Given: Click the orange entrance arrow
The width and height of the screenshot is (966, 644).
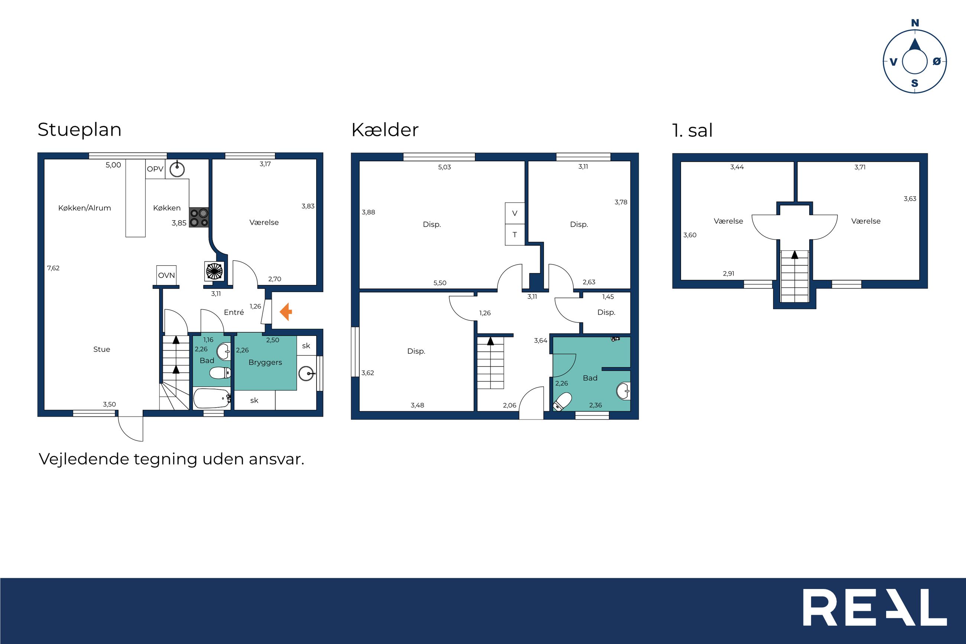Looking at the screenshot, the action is pos(286,312).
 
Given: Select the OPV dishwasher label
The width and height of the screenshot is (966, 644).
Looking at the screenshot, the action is pos(155,169).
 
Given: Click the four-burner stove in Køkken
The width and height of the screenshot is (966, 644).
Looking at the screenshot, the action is pos(199,218).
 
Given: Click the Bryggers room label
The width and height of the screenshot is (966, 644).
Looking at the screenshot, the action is pos(265,363).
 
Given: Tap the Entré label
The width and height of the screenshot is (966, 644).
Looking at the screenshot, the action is pos(234,312).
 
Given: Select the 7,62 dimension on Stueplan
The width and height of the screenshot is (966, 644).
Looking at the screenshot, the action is pos(54,268).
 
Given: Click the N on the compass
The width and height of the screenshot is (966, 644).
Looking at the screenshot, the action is pos(915,23).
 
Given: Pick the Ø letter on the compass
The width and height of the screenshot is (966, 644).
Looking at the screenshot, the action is pos(936,61).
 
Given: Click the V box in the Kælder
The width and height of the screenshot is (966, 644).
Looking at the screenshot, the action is pos(515,213).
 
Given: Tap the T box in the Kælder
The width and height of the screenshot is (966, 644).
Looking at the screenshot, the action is pos(515,235).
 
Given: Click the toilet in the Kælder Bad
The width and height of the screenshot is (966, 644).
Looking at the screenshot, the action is pos(562,401).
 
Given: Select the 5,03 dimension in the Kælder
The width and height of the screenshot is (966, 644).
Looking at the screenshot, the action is pos(445,167).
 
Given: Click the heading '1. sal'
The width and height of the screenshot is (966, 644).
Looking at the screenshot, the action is pos(692,130).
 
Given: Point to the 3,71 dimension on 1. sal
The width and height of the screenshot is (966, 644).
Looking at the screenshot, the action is pos(860,167).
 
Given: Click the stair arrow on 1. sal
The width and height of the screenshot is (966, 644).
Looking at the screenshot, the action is pos(795,255).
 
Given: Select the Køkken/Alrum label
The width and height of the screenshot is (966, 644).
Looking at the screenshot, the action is pos(85,208).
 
